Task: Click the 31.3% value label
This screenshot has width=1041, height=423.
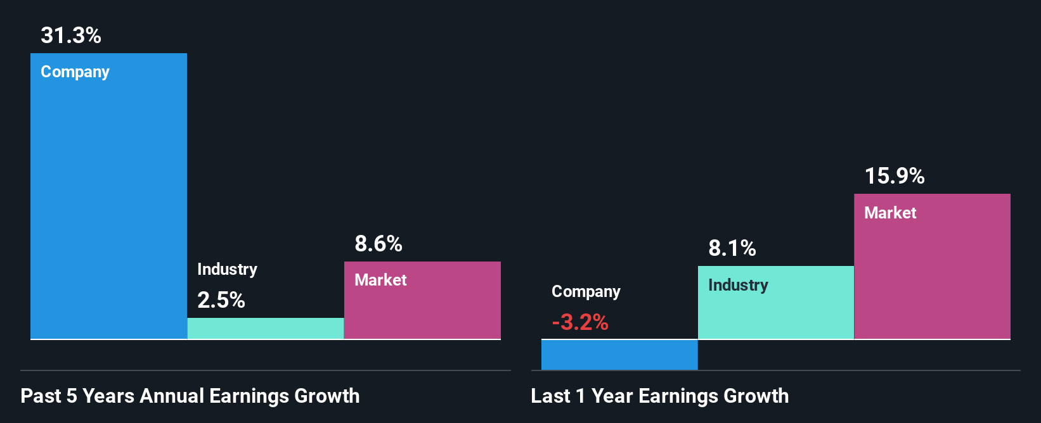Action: click(71, 35)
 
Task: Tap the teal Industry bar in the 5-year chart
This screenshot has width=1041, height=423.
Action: click(266, 328)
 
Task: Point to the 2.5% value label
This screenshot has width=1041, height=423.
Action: click(221, 300)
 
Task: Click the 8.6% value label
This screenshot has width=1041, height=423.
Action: click(378, 244)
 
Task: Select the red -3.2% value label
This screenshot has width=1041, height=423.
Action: click(580, 322)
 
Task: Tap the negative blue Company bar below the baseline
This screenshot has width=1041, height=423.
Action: click(619, 355)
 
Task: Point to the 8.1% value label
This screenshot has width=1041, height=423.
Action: click(732, 248)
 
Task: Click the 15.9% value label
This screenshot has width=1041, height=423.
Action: click(895, 176)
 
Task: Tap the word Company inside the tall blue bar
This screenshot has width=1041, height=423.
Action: click(75, 72)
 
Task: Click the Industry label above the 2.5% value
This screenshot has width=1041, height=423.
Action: click(227, 269)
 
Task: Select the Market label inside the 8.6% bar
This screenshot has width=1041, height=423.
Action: click(380, 280)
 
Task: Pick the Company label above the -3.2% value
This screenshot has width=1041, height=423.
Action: click(586, 291)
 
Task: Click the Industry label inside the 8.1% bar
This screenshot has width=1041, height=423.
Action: click(738, 286)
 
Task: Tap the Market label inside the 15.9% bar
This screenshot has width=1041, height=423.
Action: click(890, 213)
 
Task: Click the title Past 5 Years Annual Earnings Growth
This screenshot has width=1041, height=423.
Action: click(190, 396)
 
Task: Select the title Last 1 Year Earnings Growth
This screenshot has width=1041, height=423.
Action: click(659, 396)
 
